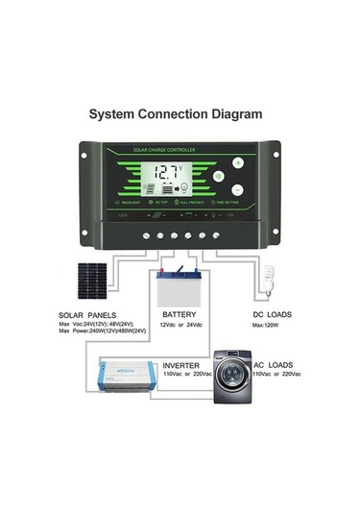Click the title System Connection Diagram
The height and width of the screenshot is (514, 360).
[x=176, y=113]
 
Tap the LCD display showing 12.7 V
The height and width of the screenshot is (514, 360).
[x=171, y=178]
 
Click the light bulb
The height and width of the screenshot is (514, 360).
[x=269, y=281]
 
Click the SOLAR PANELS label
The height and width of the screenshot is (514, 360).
[x=87, y=315]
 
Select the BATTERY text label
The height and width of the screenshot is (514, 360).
[x=180, y=314]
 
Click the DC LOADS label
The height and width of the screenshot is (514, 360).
[x=272, y=315]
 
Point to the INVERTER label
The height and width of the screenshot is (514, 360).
[x=180, y=366]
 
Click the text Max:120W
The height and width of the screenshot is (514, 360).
[x=266, y=326]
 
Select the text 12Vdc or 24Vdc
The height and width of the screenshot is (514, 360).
[x=180, y=326]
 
